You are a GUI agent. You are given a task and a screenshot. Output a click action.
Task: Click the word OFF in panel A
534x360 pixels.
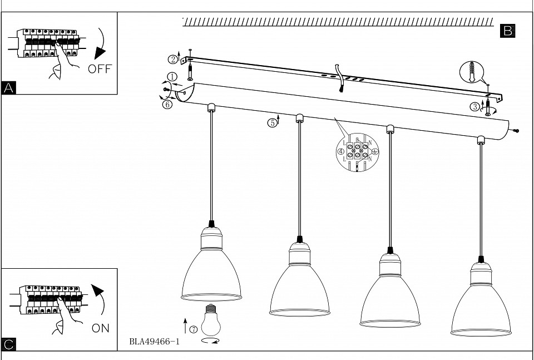pos(100,69)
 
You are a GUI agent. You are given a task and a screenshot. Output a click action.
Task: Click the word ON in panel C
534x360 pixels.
pos(101,328)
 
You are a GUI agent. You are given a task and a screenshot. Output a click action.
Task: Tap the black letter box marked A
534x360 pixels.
pos(8,88)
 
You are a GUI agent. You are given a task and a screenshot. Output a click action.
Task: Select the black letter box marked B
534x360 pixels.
pos(507,31)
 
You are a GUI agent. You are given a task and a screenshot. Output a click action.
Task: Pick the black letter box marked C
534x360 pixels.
pos(8,345)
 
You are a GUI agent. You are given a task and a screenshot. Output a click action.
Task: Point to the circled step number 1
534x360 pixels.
pos(172,77)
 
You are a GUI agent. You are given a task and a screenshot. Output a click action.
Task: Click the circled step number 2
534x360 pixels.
pos(174,59)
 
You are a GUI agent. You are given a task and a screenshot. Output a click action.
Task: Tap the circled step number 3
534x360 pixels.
pos(476,107)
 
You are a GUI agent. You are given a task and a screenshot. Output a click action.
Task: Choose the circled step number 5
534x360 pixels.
pos(272,123)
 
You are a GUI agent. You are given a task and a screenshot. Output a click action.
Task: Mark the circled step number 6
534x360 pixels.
pos(167,104)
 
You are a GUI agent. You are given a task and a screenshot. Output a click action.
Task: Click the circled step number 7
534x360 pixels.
pos(194,329)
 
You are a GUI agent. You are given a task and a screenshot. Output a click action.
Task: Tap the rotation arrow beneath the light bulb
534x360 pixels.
pos(210,340)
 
